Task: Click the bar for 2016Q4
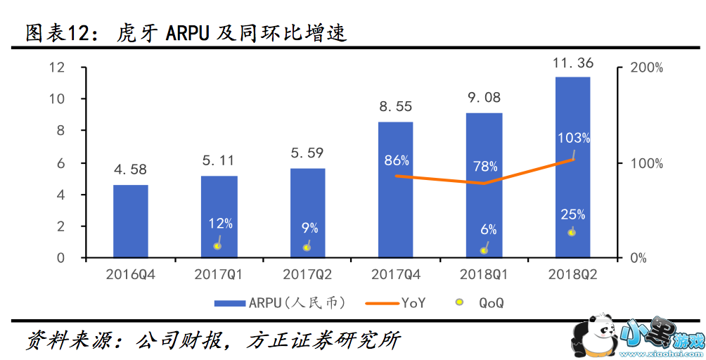point(131,221)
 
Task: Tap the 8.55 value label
point(395,107)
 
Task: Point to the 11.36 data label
point(572,63)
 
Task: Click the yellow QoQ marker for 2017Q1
point(218,245)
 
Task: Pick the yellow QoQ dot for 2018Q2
point(572,232)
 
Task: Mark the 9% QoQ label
point(309,228)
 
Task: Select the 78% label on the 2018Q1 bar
point(485,167)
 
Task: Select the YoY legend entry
point(396,303)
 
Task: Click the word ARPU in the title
point(188,32)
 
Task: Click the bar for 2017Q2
point(307,213)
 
